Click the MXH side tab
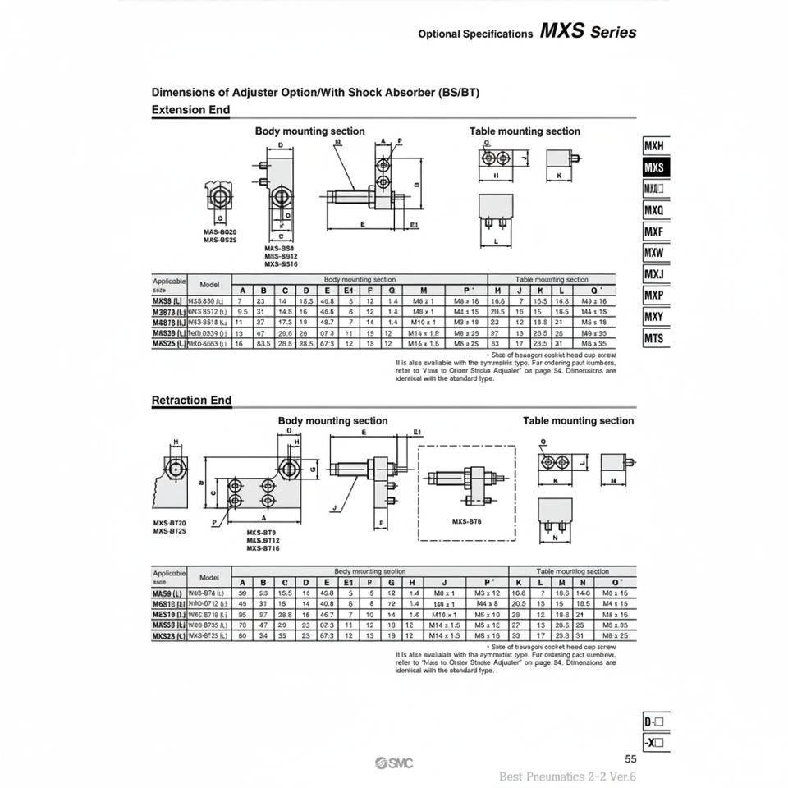point(654,146)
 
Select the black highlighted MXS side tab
point(654,167)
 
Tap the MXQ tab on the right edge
point(654,210)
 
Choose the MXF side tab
point(654,231)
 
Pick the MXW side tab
point(654,253)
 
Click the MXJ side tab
point(654,274)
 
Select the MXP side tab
point(654,295)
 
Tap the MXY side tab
point(654,317)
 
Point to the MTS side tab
point(654,338)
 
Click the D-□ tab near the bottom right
point(655,722)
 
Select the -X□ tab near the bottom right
point(655,744)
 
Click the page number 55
point(630,759)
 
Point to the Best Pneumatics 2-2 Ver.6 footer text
point(568,777)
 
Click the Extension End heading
point(190,110)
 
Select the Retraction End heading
point(192,401)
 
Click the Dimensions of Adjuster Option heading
point(315,93)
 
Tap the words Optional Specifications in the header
point(475,34)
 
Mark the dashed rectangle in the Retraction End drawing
point(466,492)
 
